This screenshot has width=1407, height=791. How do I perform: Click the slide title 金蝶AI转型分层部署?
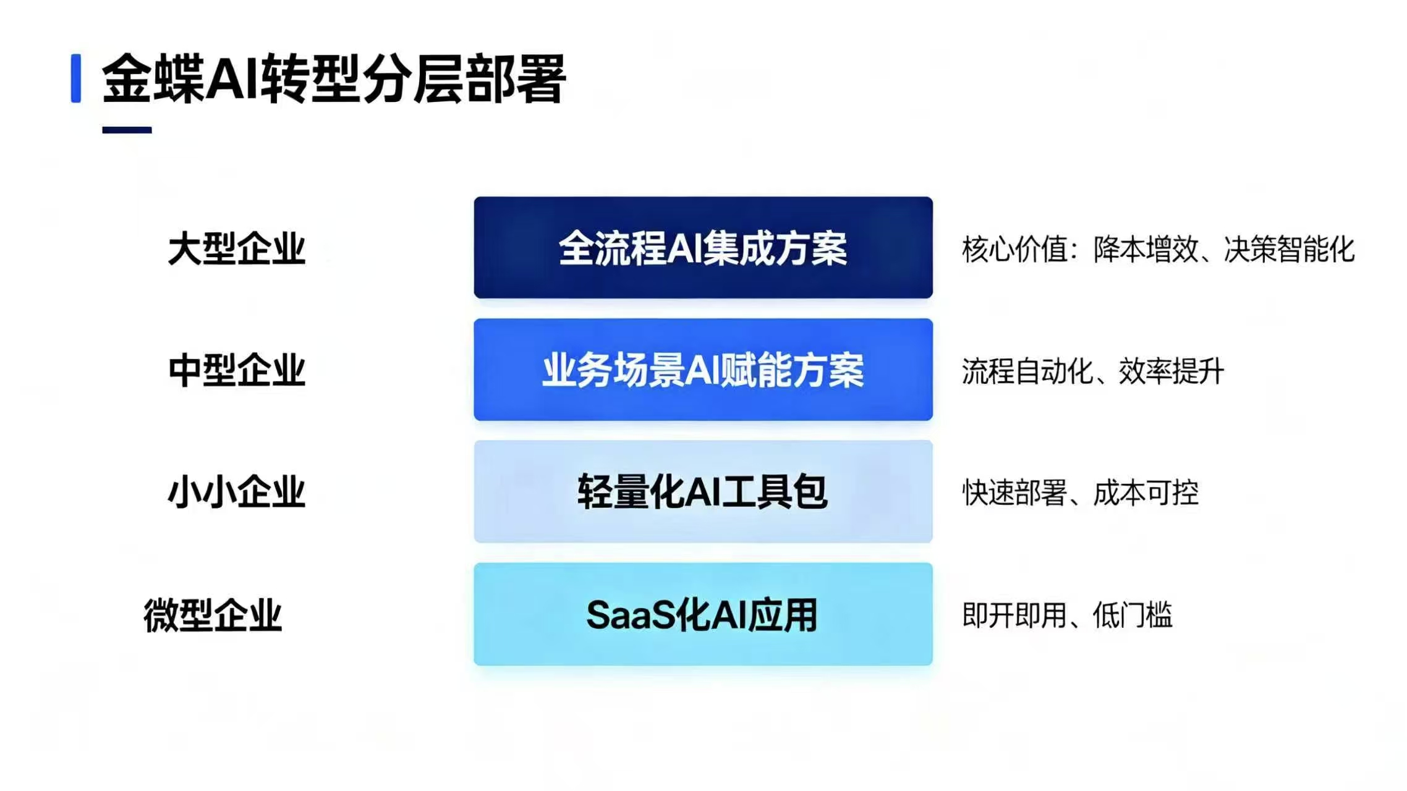click(334, 78)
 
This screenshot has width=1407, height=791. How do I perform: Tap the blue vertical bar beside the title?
click(76, 78)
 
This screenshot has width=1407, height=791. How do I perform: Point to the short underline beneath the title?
click(127, 130)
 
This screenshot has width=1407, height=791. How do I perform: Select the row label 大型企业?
click(237, 248)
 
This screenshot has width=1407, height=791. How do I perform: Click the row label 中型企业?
click(237, 370)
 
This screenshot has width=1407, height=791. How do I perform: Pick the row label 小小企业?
click(237, 492)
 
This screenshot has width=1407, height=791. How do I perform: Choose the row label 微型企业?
click(213, 615)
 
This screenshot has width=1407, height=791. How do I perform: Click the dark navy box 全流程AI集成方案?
click(703, 248)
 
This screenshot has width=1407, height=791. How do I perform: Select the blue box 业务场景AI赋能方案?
click(703, 370)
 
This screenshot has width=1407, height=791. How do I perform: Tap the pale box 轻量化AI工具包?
click(703, 491)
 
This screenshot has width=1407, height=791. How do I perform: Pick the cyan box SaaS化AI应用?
click(703, 614)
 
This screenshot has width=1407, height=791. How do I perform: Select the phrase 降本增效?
click(1146, 249)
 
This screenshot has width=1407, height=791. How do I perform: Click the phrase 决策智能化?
click(1290, 249)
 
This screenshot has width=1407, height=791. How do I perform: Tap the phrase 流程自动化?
click(1027, 371)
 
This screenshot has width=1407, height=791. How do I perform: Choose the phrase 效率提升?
click(1171, 371)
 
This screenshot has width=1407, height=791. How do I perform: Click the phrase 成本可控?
click(1146, 493)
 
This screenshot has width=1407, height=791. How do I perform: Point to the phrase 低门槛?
click(1133, 615)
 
